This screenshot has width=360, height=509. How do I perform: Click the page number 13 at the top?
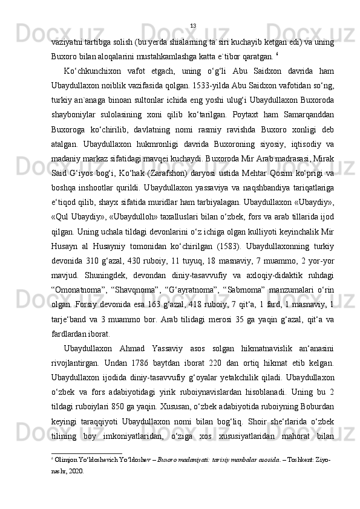coord(193,25)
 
